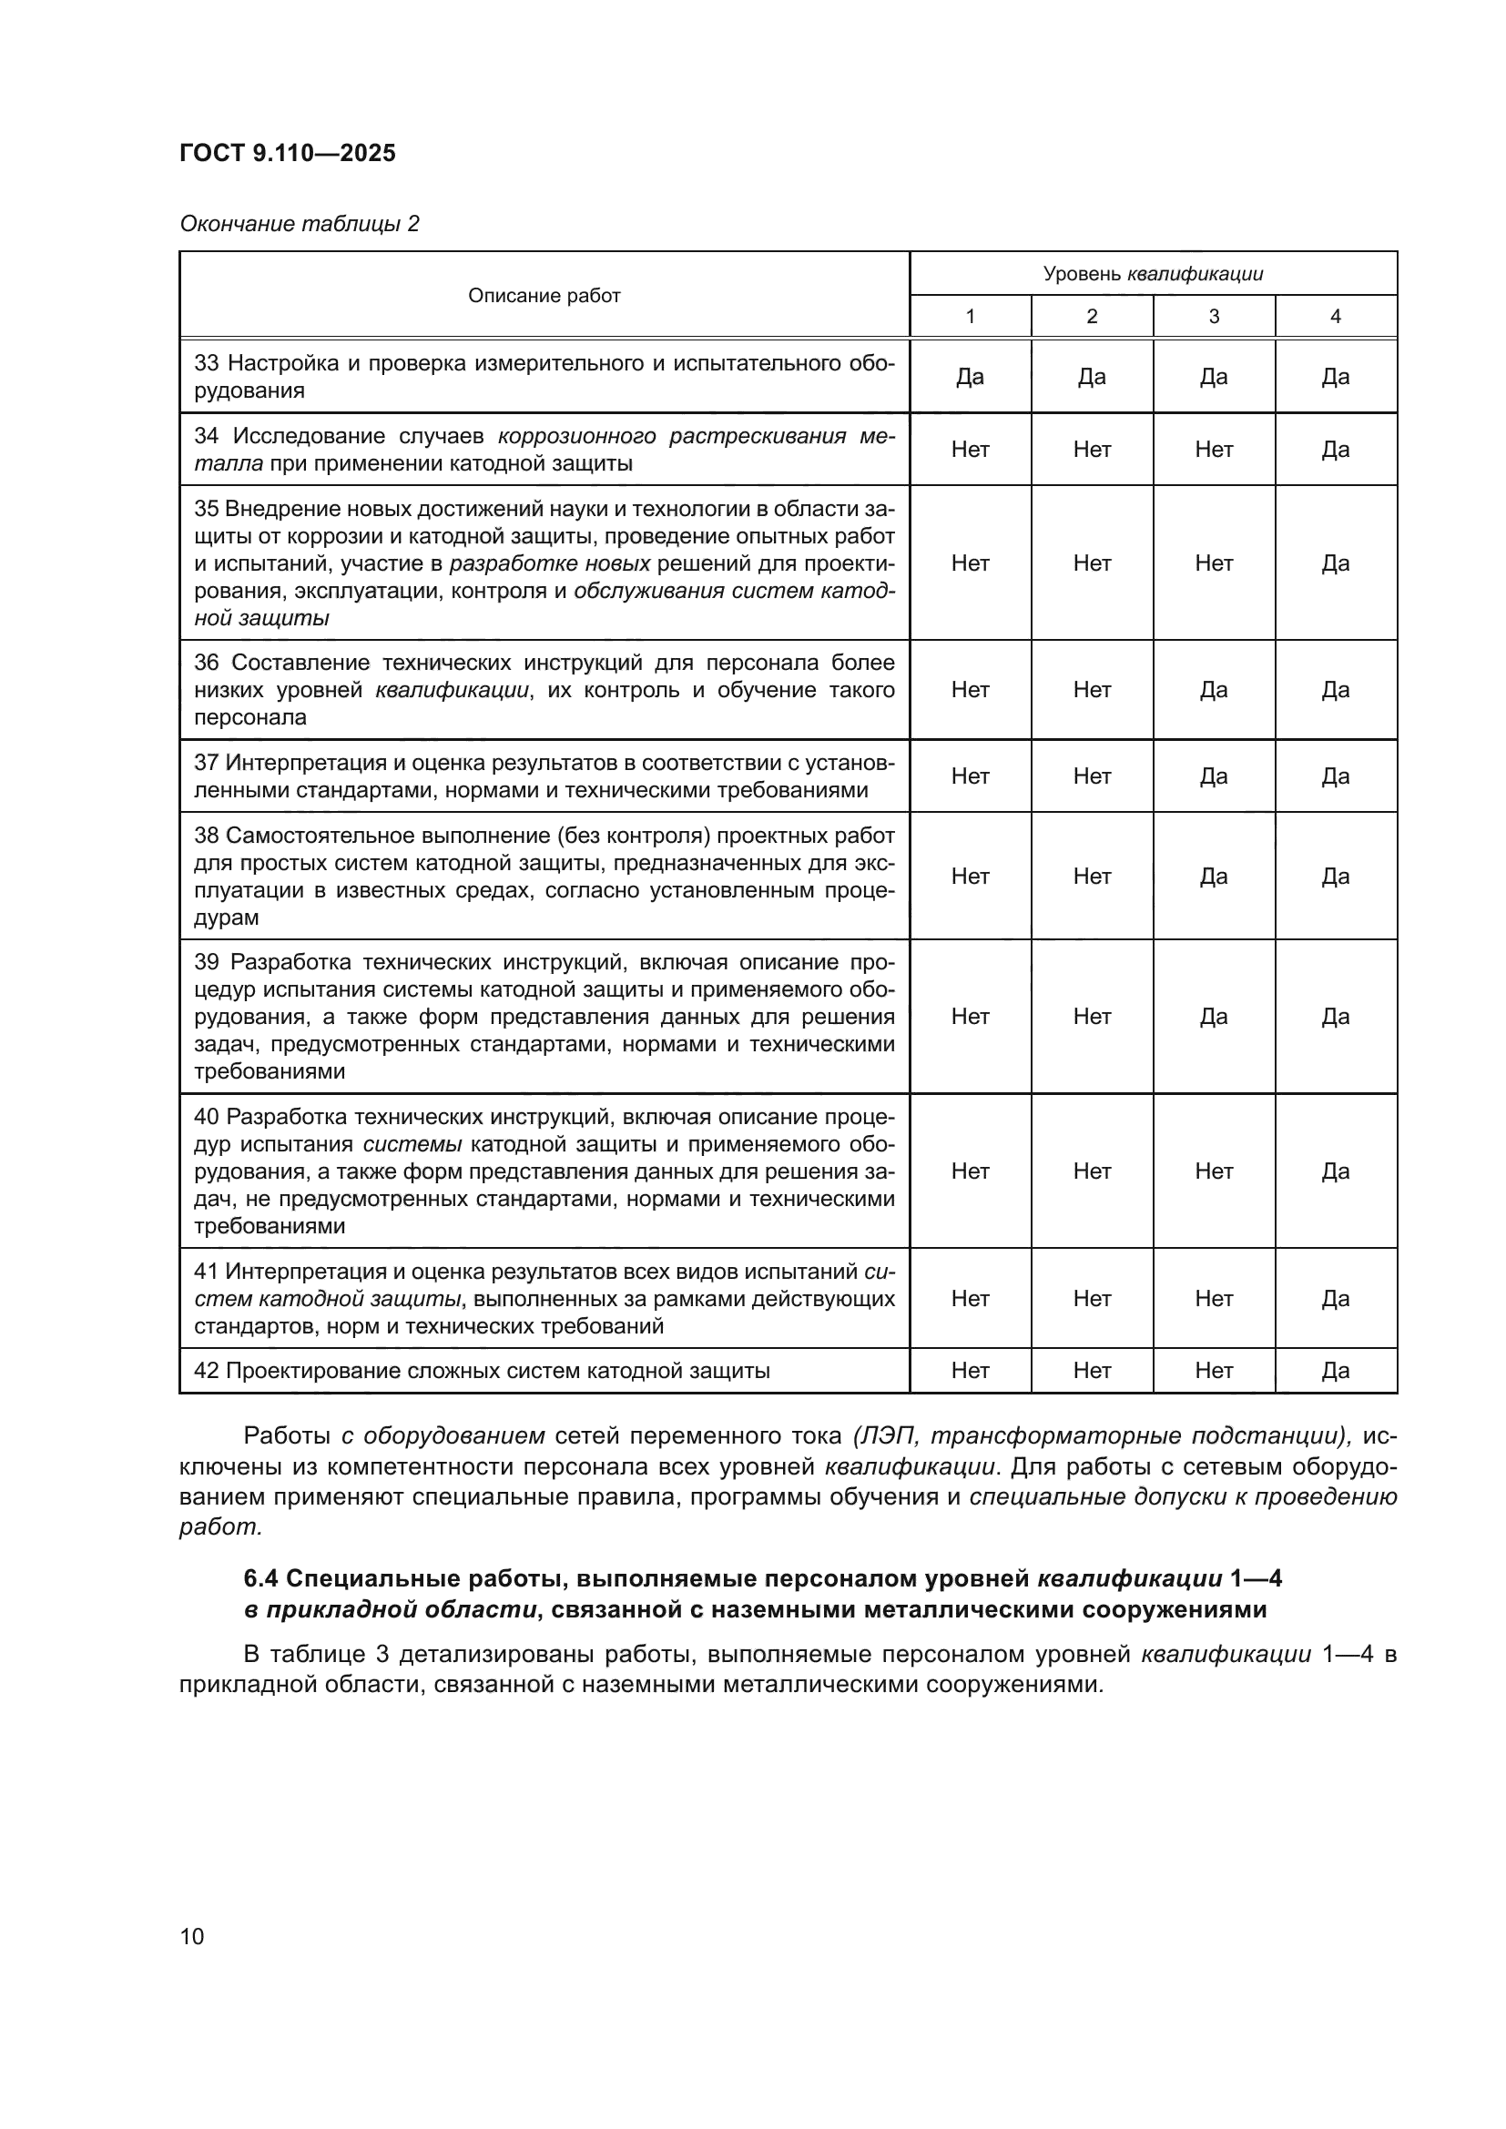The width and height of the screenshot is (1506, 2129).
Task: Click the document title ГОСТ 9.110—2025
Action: pos(288,153)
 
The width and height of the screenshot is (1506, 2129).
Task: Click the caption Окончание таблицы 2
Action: pos(299,224)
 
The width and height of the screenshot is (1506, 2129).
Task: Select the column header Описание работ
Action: pos(544,296)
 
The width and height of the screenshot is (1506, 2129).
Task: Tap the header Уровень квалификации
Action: pos(1153,274)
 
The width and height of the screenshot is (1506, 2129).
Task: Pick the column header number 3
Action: pos(1213,316)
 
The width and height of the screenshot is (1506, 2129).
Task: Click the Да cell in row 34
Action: pos(1335,450)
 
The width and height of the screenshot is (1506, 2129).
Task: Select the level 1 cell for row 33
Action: pos(969,377)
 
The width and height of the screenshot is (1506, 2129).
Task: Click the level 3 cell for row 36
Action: pos(1213,689)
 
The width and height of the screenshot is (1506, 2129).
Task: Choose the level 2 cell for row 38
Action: pos(1092,877)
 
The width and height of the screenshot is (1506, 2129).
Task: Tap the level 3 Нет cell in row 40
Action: pos(1213,1171)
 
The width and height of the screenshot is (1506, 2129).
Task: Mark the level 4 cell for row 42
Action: pos(1335,1371)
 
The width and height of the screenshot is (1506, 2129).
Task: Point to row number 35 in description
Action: pos(206,509)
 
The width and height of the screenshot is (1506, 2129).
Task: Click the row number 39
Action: pos(207,962)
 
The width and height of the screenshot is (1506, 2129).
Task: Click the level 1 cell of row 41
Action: pos(969,1298)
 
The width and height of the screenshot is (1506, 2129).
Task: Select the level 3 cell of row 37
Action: pos(1213,776)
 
